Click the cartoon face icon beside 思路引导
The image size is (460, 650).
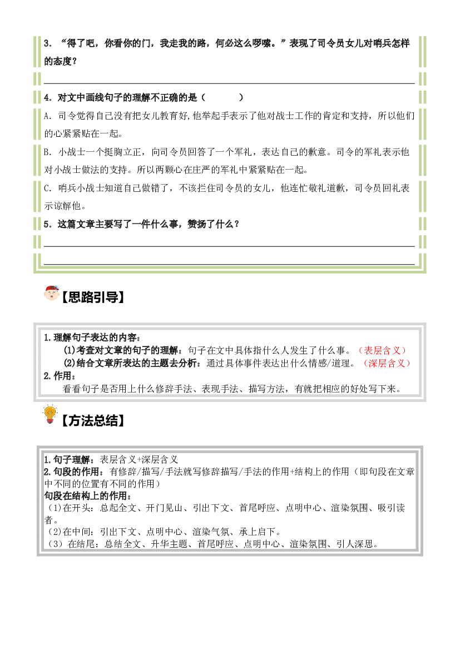[51, 292]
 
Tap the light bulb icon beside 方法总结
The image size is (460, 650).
[50, 415]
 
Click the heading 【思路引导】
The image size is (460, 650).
[93, 297]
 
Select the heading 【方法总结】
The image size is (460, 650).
[93, 421]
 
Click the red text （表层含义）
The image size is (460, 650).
[382, 351]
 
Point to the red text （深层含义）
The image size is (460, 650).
[387, 364]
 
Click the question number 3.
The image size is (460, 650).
[48, 43]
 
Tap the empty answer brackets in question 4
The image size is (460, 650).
[222, 98]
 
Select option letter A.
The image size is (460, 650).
[48, 116]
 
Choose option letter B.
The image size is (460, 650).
[48, 152]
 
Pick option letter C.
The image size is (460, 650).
[48, 188]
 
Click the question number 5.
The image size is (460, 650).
[48, 225]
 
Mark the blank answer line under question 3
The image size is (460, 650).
[229, 83]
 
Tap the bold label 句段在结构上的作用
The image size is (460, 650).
[88, 496]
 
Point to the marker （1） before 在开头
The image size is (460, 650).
[53, 508]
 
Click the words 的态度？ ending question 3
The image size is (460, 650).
[61, 62]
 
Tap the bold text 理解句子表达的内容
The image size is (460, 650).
[97, 338]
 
